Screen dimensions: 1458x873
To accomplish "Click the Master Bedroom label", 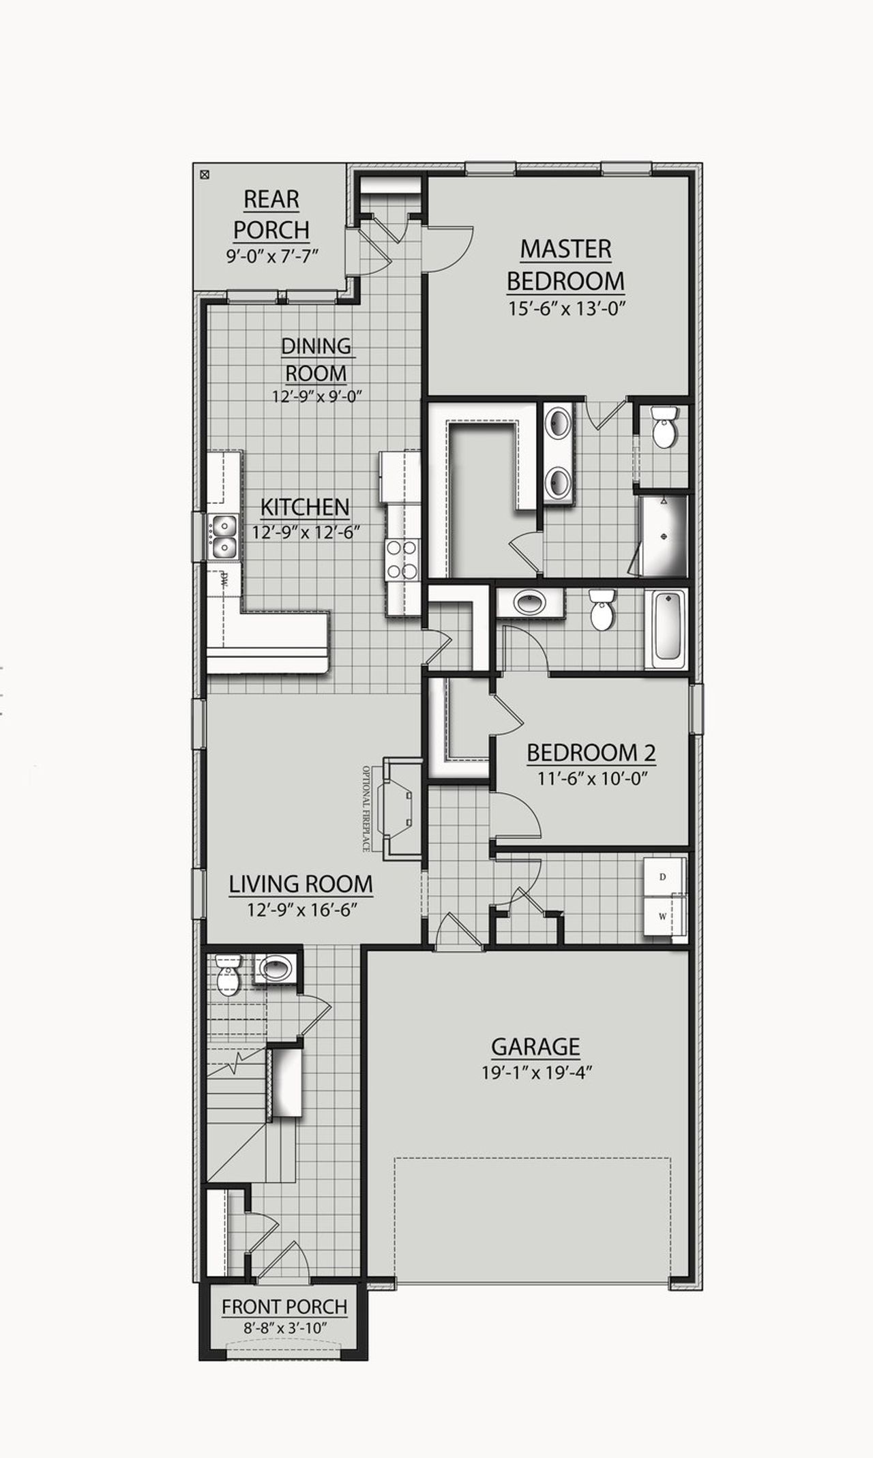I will coord(565,265).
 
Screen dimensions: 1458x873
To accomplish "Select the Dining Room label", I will coord(316,359).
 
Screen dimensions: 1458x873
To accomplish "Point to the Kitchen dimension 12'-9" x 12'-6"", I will coord(306,532).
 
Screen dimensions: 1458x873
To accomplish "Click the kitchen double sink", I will coord(223,536).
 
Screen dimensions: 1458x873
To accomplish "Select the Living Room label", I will coord(301,884).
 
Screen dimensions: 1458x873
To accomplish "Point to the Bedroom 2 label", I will coord(591,753).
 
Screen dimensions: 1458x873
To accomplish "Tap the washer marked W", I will coord(662,917).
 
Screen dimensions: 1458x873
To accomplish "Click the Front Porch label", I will coord(284,1307).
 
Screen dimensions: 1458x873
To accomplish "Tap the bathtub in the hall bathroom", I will coord(667,629).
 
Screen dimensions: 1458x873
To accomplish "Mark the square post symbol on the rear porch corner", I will coord(204,175).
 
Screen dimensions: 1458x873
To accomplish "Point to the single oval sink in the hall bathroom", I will coord(529,602).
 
